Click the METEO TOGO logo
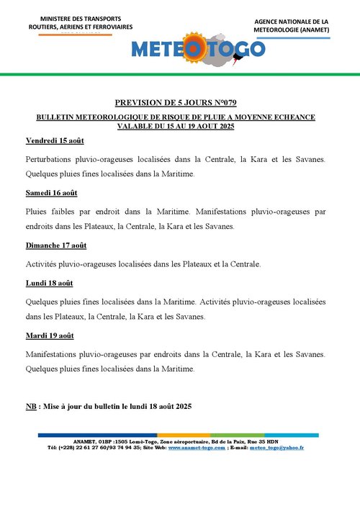[x=198, y=49]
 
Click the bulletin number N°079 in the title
[x=230, y=104]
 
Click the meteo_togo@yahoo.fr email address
[x=276, y=447]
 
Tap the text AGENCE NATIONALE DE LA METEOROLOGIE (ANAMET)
[x=291, y=26]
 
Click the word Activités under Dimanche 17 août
[x=43, y=263]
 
